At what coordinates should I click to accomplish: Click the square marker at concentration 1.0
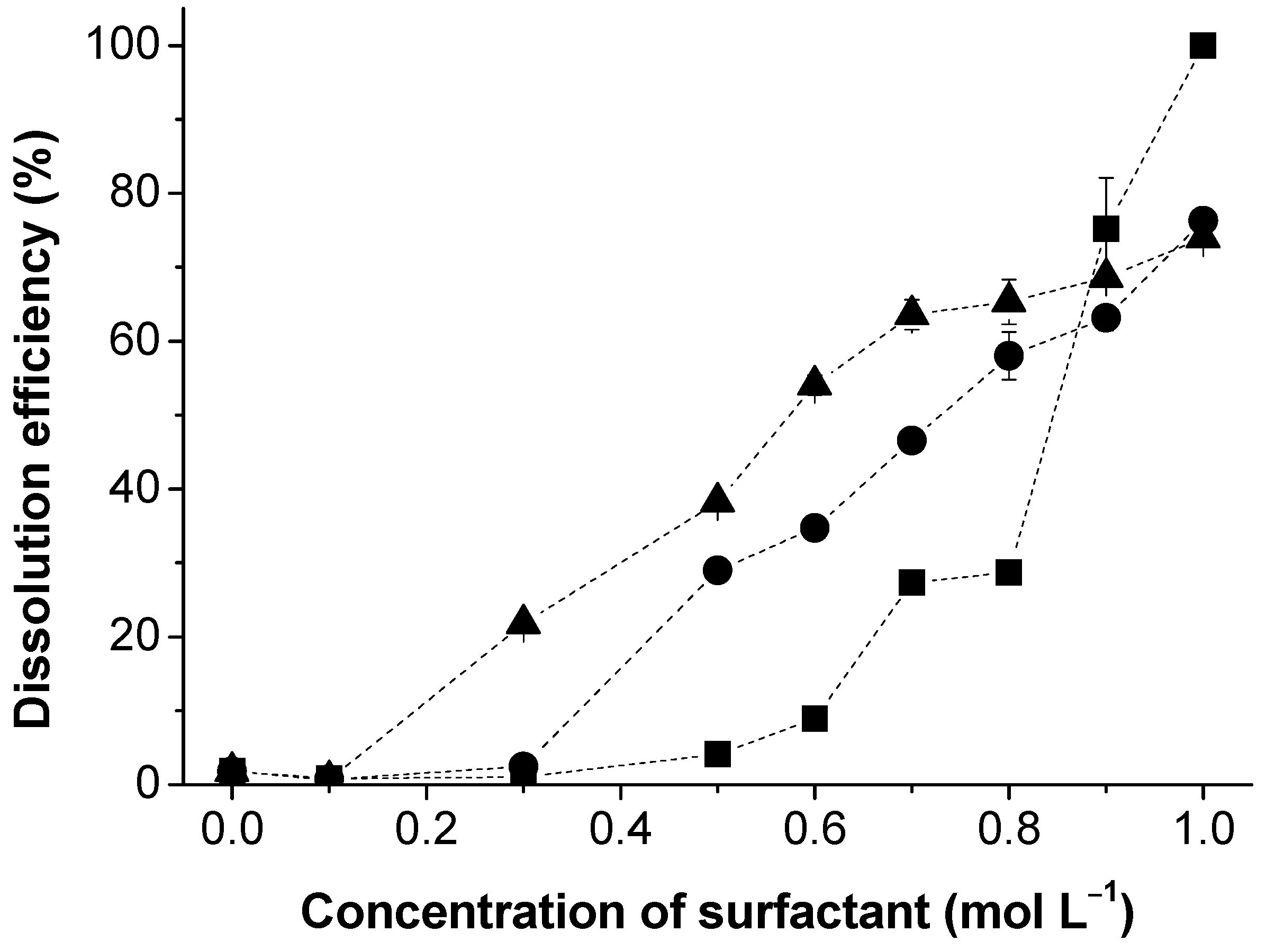pos(1202,46)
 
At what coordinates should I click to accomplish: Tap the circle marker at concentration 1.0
pos(1202,220)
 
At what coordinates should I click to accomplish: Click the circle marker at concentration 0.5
pos(717,570)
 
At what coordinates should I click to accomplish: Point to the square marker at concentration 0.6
pos(815,719)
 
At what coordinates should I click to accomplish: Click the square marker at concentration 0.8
pos(1008,572)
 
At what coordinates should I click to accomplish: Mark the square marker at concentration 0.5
pos(717,754)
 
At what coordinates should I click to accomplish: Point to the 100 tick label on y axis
pos(118,46)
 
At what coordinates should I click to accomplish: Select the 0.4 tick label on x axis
pos(620,830)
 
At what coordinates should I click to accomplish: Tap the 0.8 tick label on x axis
pos(1008,830)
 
